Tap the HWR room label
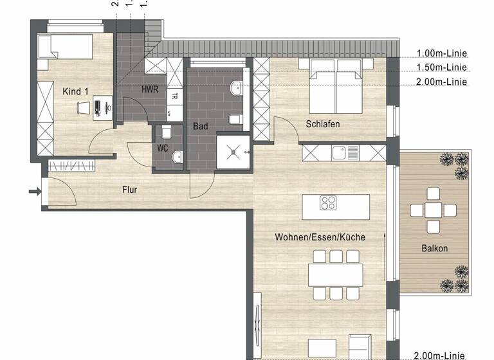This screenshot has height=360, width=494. [150, 88]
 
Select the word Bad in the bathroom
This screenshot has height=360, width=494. [200, 127]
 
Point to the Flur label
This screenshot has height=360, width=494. [131, 190]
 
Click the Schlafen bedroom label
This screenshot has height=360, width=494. [323, 124]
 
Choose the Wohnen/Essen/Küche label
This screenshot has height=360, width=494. [320, 237]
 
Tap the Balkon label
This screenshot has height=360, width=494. [434, 248]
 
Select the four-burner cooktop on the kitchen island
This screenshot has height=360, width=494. [328, 204]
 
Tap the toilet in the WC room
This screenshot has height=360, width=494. [167, 132]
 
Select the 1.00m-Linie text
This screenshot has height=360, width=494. [441, 53]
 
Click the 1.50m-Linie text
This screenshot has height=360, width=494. [441, 67]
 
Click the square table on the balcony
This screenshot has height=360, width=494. [432, 210]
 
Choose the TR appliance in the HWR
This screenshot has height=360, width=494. [174, 97]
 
